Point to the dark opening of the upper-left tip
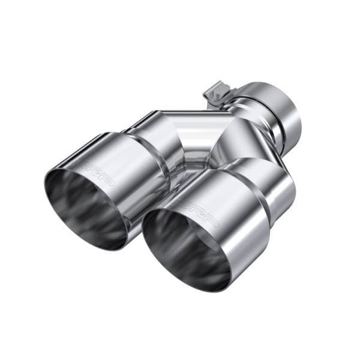click(84, 207)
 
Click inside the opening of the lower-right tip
click(183, 246)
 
